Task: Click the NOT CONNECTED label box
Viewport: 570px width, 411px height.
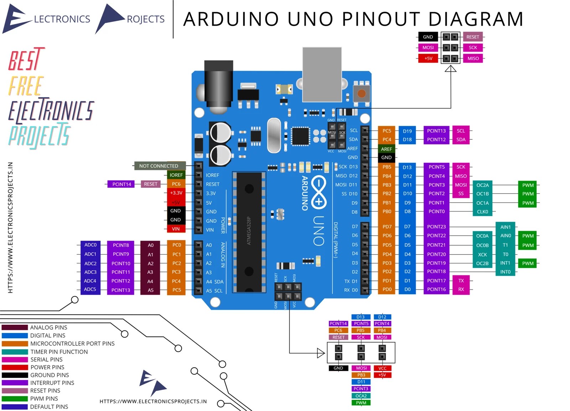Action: [159, 166]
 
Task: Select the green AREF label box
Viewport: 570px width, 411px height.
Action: [386, 149]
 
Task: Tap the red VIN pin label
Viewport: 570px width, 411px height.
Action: [176, 229]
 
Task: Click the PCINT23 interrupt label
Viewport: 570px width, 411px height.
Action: [436, 227]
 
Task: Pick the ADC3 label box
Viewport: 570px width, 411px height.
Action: [90, 272]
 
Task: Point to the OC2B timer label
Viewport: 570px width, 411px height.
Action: [482, 263]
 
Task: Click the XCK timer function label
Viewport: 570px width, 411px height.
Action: [482, 255]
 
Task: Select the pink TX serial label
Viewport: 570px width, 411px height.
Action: [461, 281]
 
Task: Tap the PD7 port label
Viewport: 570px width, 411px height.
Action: [387, 227]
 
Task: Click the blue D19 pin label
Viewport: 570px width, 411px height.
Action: [407, 131]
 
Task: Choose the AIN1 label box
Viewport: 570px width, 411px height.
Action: [506, 227]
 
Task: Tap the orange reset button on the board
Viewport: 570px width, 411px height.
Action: [362, 94]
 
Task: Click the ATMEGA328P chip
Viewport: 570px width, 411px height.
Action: [249, 232]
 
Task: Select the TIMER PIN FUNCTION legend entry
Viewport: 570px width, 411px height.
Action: [59, 352]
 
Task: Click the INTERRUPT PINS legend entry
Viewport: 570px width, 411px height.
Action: [52, 383]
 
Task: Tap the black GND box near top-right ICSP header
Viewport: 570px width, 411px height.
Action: [428, 37]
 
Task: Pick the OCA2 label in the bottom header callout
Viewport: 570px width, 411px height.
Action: [361, 396]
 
